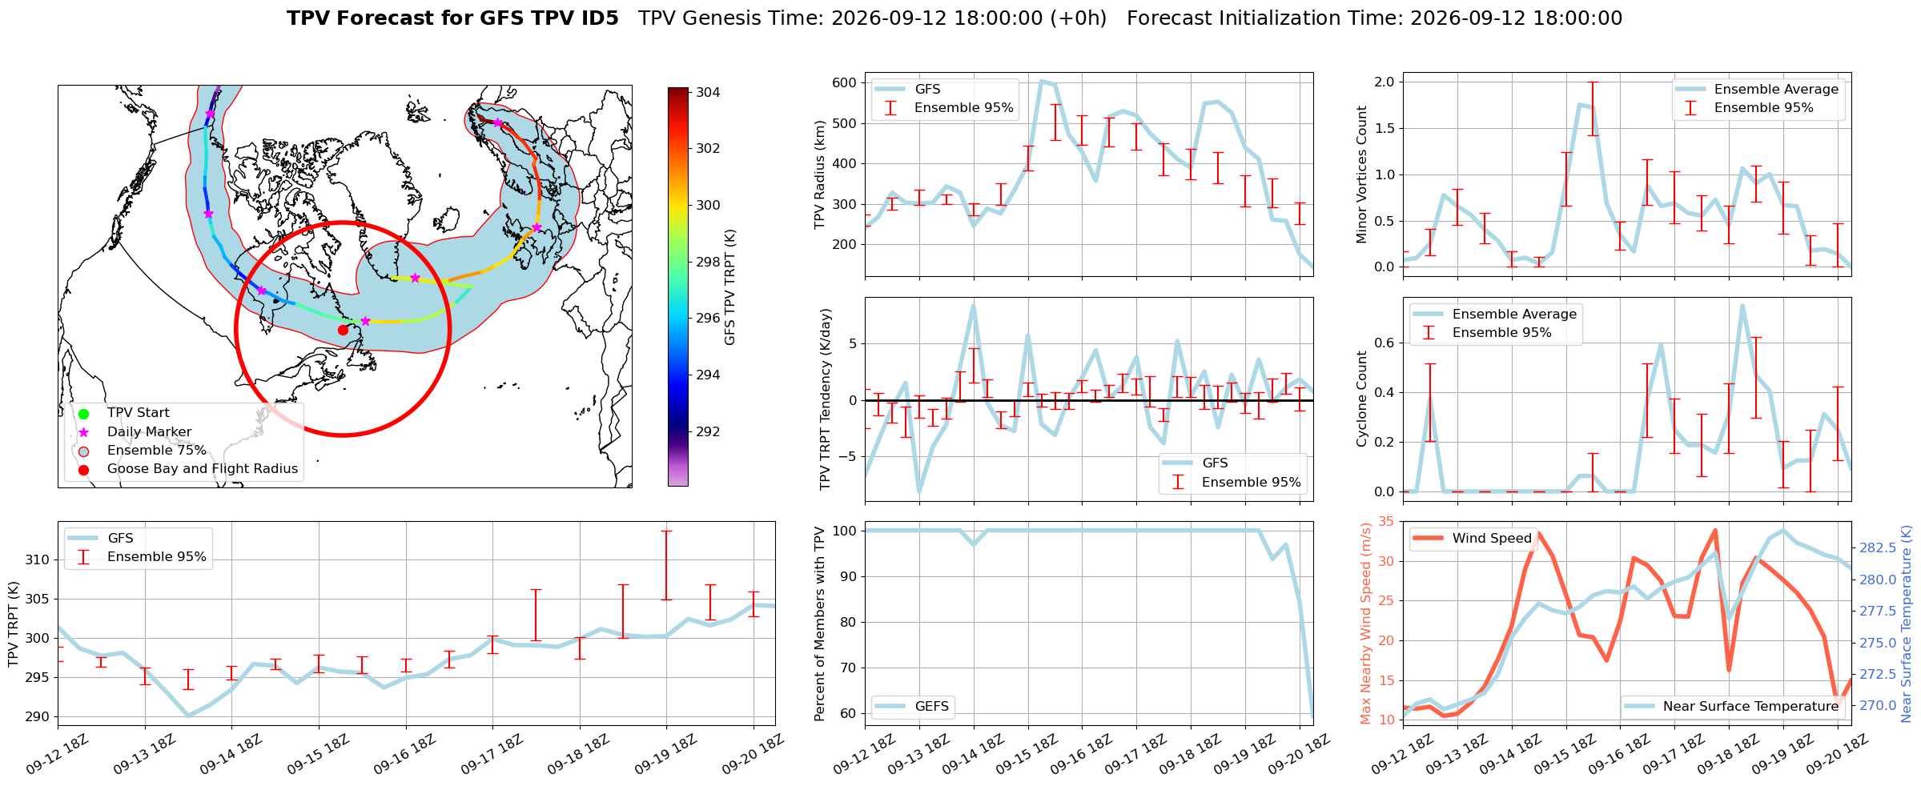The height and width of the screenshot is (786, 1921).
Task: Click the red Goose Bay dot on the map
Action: point(343,330)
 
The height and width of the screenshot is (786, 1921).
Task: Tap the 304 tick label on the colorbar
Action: point(708,92)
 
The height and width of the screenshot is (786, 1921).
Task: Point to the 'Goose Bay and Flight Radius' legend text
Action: point(203,469)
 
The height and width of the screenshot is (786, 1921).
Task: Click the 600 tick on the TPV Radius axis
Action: point(844,82)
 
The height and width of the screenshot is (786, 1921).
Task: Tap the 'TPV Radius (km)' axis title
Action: point(819,174)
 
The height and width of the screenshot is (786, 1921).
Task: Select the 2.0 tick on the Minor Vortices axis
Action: point(1384,82)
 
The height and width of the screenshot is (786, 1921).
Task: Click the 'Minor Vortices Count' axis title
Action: point(1361,174)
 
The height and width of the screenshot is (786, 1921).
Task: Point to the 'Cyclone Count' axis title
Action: point(1361,399)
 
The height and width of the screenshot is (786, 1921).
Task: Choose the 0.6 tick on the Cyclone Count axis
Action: point(1384,343)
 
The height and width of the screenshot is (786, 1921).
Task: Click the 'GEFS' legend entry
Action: point(931,706)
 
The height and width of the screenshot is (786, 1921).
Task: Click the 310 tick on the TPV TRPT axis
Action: point(38,559)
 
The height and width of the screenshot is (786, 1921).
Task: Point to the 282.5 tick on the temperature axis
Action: point(1878,547)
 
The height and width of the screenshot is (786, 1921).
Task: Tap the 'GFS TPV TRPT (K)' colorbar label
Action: point(729,287)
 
